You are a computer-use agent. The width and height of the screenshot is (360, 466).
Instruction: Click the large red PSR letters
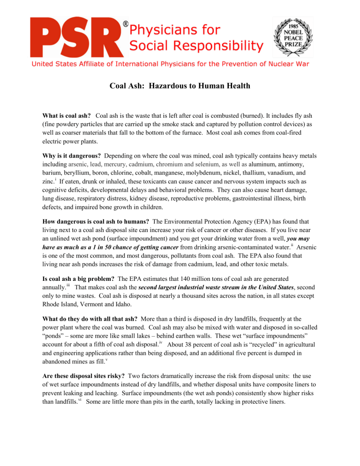(75, 37)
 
